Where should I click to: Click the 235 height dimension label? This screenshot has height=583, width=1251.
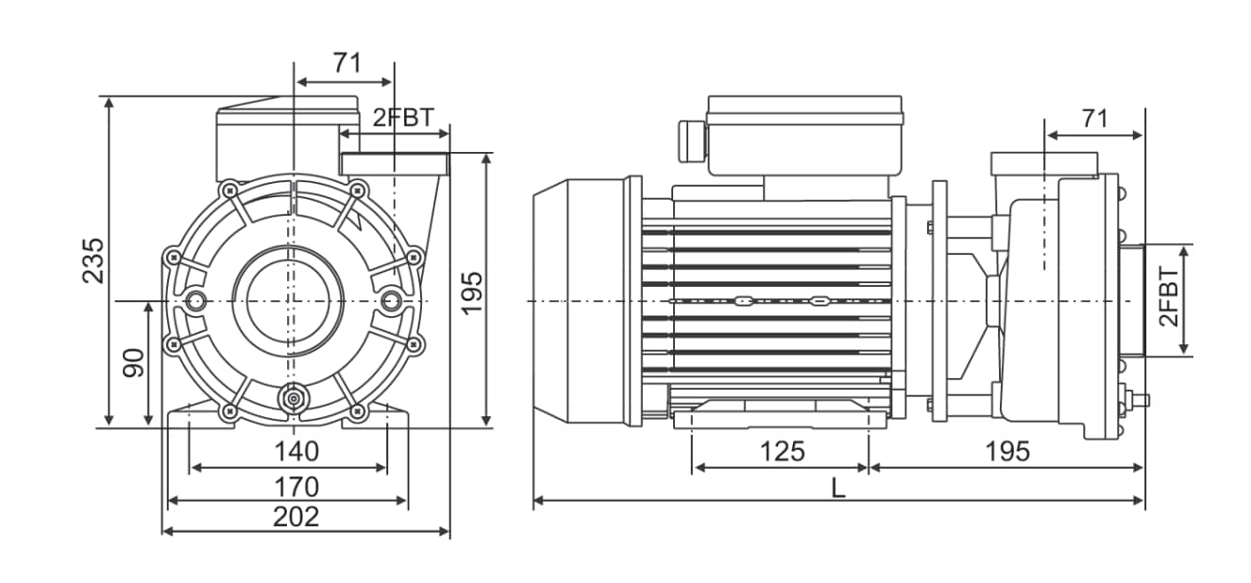click(x=93, y=260)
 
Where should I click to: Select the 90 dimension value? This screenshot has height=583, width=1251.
click(x=134, y=363)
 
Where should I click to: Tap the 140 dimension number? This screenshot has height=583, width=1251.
click(x=296, y=451)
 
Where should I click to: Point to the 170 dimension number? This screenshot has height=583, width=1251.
click(x=296, y=487)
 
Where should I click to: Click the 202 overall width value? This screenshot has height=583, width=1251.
click(x=296, y=517)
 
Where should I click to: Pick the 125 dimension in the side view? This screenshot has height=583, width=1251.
click(x=783, y=451)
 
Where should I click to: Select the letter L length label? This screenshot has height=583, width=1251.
click(x=838, y=489)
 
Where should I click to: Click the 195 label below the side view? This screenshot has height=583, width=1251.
click(x=1007, y=451)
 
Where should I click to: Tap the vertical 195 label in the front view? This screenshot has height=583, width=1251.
click(x=472, y=293)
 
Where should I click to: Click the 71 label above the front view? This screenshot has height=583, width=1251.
click(x=347, y=62)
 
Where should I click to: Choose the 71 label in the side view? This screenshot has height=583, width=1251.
click(x=1094, y=118)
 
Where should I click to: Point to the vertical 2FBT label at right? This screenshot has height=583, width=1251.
click(x=1169, y=297)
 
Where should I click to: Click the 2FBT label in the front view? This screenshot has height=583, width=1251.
click(x=403, y=117)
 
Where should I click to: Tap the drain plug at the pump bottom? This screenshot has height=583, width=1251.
click(x=294, y=398)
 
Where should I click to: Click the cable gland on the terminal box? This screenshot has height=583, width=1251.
click(x=691, y=142)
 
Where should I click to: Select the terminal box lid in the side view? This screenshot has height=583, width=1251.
click(x=804, y=110)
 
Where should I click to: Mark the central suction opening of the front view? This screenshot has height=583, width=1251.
click(x=288, y=301)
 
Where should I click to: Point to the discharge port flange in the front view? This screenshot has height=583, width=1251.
click(x=395, y=163)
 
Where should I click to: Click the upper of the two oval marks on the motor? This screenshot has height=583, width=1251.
click(x=742, y=301)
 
